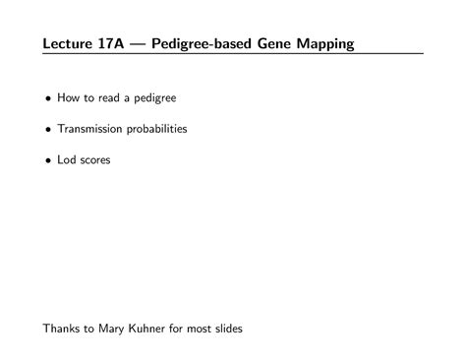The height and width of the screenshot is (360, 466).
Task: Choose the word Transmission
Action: (x=89, y=129)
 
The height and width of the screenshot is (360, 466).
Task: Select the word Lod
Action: (x=67, y=159)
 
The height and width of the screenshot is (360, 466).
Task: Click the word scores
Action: (x=96, y=159)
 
